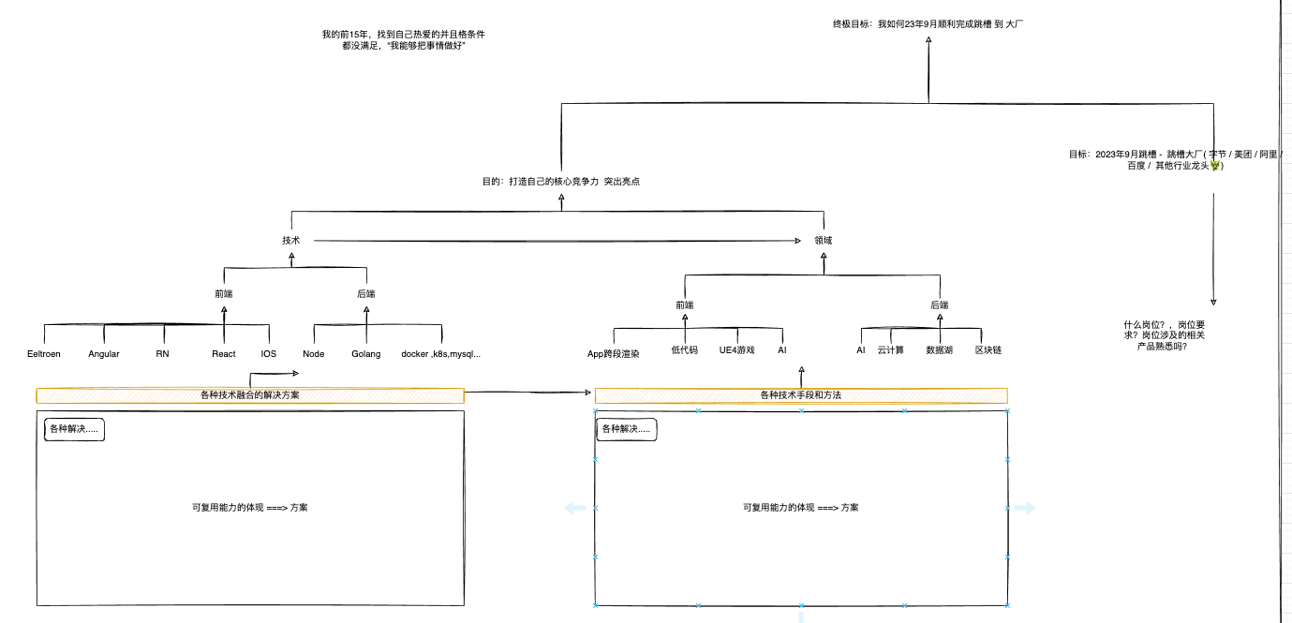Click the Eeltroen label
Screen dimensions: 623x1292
click(44, 354)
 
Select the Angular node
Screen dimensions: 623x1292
click(104, 354)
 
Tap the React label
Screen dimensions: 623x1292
click(224, 354)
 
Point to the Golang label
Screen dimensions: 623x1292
click(366, 354)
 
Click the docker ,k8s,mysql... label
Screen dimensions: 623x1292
click(440, 354)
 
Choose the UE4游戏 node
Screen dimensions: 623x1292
click(736, 350)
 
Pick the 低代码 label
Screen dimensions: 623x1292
click(685, 350)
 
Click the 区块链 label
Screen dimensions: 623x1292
click(988, 350)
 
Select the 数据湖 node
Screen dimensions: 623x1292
click(940, 350)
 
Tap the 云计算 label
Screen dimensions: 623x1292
click(891, 350)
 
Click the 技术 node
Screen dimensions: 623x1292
click(291, 241)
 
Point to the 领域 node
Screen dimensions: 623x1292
click(824, 241)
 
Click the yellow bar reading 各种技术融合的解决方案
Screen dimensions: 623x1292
click(250, 395)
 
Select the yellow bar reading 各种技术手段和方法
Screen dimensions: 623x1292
click(801, 395)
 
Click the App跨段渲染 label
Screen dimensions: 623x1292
click(614, 354)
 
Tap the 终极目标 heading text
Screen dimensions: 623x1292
click(928, 23)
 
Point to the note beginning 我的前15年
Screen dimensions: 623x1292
click(404, 40)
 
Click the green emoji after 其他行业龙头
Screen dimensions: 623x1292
click(1214, 166)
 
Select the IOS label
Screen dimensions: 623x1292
click(269, 354)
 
